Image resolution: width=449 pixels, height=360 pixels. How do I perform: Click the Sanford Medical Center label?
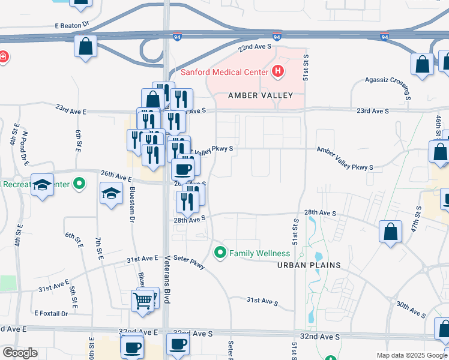[x=224, y=73]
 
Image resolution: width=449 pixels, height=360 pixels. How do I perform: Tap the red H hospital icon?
[x=277, y=72]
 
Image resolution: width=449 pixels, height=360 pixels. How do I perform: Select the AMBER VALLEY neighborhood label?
[x=261, y=95]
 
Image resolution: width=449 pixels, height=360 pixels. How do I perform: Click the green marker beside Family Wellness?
[x=220, y=253]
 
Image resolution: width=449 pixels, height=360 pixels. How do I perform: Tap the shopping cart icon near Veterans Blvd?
[x=142, y=299]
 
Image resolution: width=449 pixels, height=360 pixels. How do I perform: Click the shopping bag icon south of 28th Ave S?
[x=390, y=232]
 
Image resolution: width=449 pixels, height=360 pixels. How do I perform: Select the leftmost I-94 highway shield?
[x=176, y=37]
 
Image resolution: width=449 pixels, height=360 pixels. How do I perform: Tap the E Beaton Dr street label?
[x=71, y=25]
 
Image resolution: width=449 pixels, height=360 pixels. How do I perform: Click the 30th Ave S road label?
[x=411, y=308]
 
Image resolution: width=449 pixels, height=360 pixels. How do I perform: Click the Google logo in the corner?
[x=19, y=353]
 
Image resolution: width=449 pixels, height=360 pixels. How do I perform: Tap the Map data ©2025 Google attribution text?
[x=411, y=355]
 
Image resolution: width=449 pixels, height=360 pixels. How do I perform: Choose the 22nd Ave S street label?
[x=255, y=47]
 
